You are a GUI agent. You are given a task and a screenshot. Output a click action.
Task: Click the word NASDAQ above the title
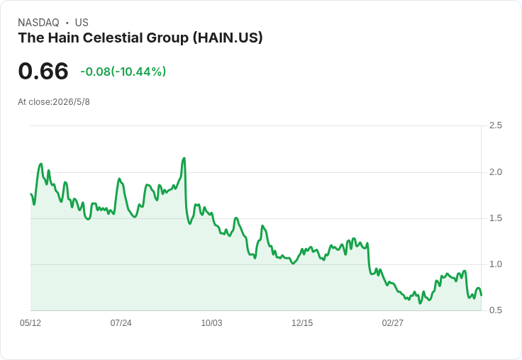click(38, 23)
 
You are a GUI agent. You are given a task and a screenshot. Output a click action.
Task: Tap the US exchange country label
click(82, 23)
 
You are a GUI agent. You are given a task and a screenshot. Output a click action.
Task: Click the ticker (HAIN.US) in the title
click(228, 38)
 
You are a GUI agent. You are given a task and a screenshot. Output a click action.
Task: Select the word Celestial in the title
click(113, 38)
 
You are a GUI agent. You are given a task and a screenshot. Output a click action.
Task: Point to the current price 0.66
click(43, 71)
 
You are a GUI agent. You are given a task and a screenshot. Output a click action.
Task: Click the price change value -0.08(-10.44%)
click(123, 72)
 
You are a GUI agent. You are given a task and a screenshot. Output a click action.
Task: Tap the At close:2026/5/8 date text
click(54, 102)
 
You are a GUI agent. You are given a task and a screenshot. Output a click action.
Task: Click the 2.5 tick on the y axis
click(495, 125)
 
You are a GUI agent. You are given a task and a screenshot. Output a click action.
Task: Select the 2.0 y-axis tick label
click(495, 172)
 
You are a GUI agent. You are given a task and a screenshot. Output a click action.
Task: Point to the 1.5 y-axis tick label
click(495, 218)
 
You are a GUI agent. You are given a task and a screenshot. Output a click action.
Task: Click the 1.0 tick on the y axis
click(495, 264)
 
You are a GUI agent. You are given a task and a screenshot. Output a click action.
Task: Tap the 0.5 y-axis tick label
click(495, 310)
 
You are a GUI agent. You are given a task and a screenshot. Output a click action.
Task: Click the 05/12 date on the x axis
click(30, 322)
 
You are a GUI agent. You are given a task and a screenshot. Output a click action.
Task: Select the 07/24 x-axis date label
click(121, 322)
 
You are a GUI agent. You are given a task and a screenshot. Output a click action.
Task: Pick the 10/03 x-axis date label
click(211, 322)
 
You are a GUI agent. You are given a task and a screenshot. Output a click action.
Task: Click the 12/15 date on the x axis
click(302, 322)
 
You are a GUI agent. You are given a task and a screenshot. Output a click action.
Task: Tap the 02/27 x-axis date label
click(392, 322)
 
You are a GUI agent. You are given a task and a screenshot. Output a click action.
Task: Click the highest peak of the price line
click(184, 158)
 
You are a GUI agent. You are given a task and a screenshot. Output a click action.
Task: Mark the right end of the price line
click(481, 295)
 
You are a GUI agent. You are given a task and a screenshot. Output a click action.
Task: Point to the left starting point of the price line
click(30, 194)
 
